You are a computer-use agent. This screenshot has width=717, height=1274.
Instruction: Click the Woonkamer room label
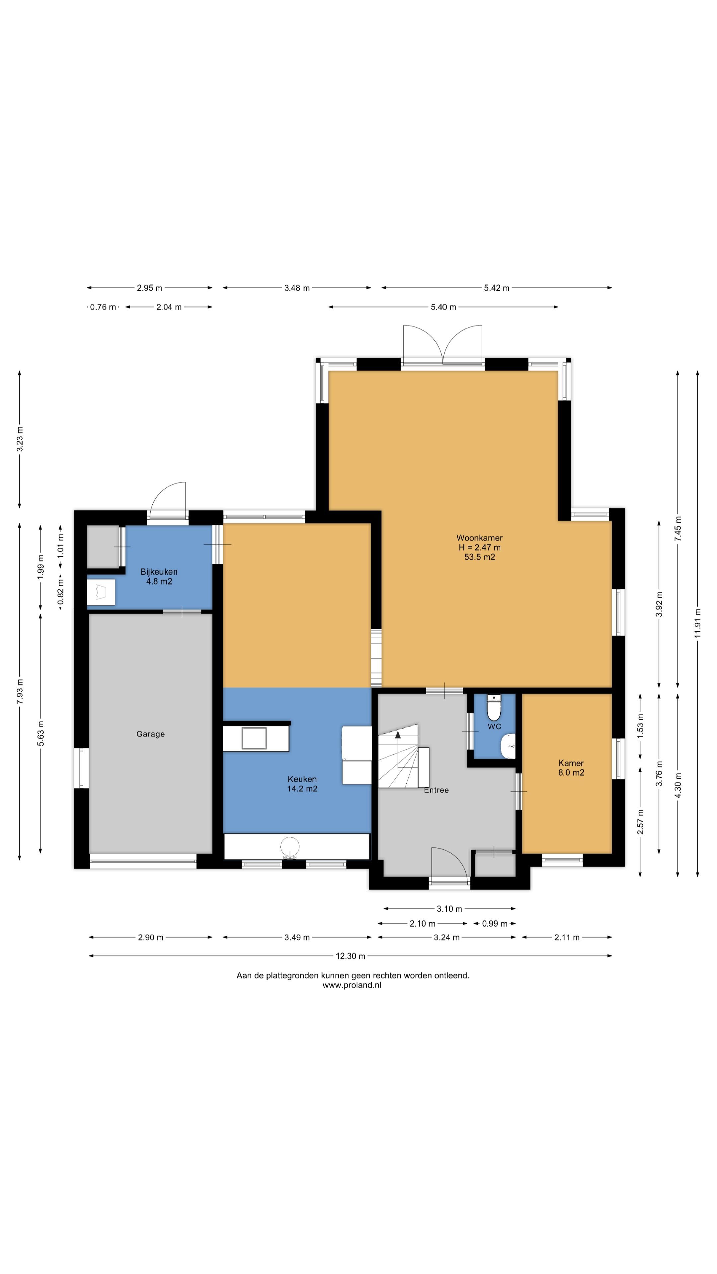click(x=479, y=537)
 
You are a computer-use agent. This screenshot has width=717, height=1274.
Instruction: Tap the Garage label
click(x=150, y=734)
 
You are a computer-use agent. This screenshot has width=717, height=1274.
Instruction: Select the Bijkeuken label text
click(x=159, y=572)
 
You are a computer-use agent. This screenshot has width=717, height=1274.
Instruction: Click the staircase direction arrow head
click(x=398, y=735)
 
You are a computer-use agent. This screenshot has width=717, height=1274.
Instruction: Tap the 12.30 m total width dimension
click(x=350, y=956)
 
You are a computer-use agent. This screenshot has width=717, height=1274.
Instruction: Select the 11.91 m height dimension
click(x=698, y=623)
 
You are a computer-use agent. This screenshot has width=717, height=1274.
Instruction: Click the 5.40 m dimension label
click(x=443, y=307)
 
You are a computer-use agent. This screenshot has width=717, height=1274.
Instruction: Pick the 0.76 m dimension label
click(x=103, y=307)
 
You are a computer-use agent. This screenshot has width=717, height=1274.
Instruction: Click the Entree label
click(x=436, y=790)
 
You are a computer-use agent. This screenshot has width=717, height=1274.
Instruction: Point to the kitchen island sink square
click(x=254, y=739)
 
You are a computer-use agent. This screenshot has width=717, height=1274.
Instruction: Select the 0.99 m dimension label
click(x=495, y=923)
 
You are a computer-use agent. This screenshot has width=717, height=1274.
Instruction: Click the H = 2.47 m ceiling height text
click(x=479, y=547)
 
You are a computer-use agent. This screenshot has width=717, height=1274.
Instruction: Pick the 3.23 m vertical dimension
click(x=20, y=439)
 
